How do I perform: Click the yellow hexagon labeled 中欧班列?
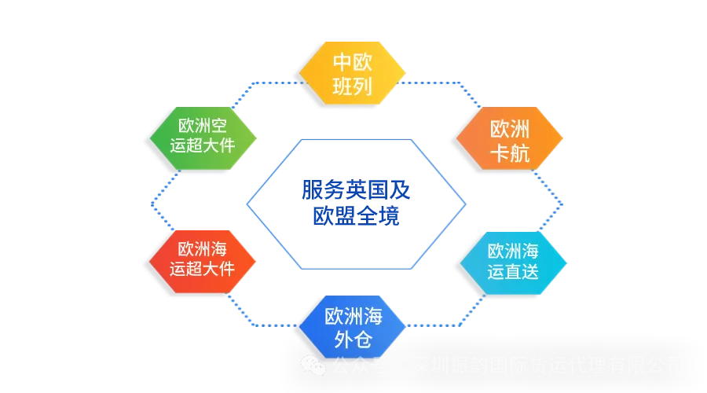pyautogui.click(x=353, y=73)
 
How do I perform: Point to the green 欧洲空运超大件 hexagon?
pyautogui.click(x=202, y=134)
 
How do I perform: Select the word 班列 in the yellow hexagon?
pyautogui.click(x=353, y=86)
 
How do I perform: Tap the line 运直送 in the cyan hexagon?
pyautogui.click(x=512, y=273)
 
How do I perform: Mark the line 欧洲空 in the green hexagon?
pyautogui.click(x=202, y=125)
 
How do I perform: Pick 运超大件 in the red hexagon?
pyautogui.click(x=202, y=269)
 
